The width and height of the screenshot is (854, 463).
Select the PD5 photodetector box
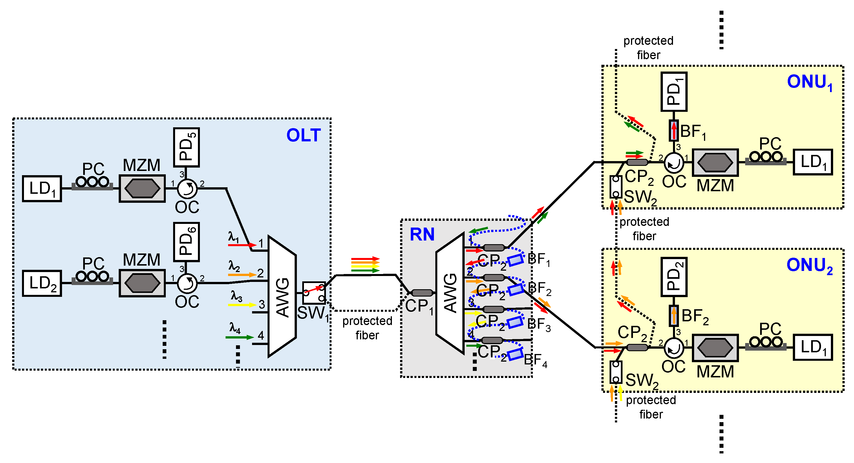coord(186,147)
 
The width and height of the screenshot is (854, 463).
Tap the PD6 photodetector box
coord(186,242)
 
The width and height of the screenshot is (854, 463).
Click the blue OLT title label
coord(303,135)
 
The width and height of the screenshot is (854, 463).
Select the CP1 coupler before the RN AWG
coord(422,293)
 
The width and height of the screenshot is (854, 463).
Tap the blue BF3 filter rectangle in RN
coord(515,322)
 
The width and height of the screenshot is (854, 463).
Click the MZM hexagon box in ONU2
coord(715,348)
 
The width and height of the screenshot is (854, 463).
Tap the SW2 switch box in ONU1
coord(616,187)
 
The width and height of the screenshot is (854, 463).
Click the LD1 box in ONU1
coord(813,162)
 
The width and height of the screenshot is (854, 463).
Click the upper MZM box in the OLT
coord(142,188)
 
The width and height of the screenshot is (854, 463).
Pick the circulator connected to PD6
coord(187,283)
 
